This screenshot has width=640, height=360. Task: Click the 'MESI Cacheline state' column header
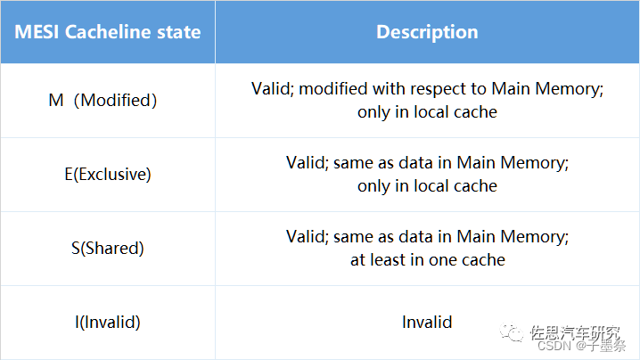tap(107, 32)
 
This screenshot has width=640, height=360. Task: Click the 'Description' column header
tap(427, 32)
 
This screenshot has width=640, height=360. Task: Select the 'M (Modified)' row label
tap(103, 100)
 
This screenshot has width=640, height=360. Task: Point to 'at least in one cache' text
tap(427, 260)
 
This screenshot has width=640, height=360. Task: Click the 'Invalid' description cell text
tap(427, 322)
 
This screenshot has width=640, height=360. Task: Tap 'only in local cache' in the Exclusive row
tap(427, 186)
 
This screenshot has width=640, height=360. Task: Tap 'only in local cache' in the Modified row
tap(427, 112)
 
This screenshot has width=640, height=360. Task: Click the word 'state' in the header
tap(178, 32)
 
